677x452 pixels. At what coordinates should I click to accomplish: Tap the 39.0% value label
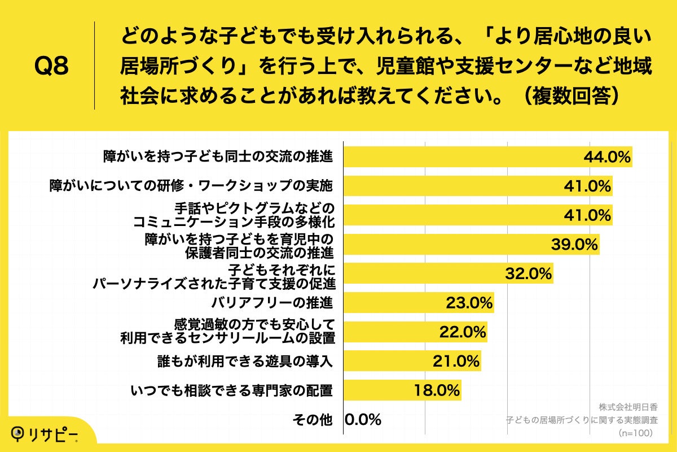click(574, 244)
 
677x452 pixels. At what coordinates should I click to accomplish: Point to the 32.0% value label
click(527, 273)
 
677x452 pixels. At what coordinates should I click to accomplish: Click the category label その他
click(312, 419)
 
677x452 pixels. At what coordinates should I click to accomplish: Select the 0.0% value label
click(363, 419)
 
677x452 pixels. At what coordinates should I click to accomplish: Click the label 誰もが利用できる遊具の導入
click(244, 360)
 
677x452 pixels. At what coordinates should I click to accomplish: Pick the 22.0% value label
click(463, 332)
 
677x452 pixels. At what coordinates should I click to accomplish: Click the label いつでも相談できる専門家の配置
click(231, 390)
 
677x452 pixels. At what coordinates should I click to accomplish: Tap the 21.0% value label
click(456, 360)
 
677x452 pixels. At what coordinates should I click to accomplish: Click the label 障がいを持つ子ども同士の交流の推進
click(218, 157)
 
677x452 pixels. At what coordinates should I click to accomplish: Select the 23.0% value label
click(469, 302)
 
